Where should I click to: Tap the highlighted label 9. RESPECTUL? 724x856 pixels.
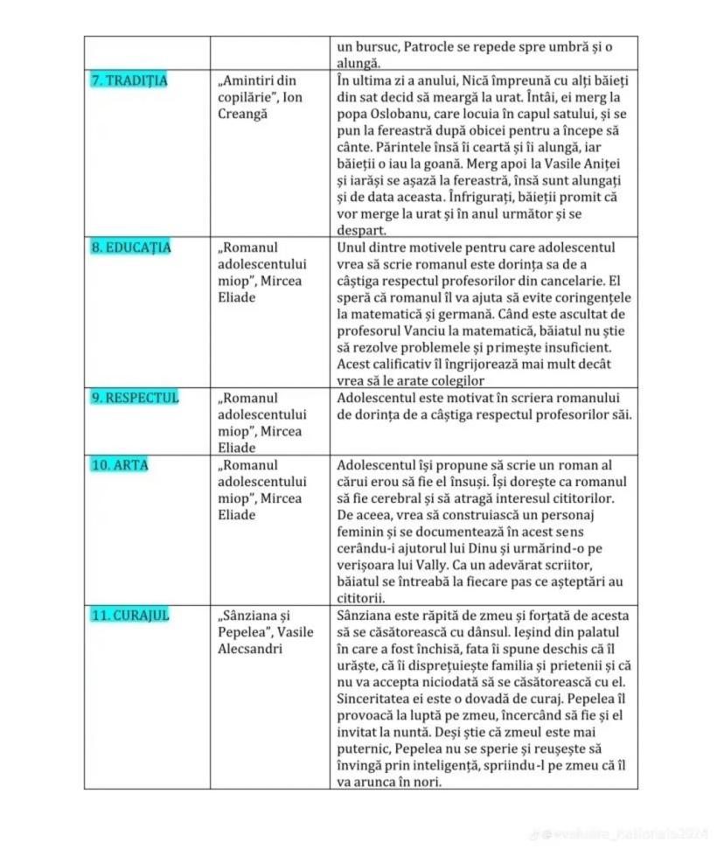pos(135,398)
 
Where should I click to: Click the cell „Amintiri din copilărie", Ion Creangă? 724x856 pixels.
pos(260,97)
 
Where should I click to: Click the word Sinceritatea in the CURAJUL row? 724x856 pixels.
pos(377,699)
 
